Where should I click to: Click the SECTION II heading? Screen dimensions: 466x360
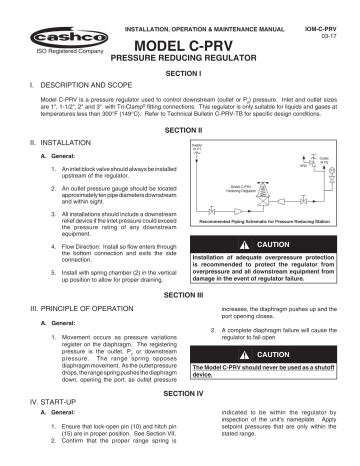[x=180, y=131]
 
